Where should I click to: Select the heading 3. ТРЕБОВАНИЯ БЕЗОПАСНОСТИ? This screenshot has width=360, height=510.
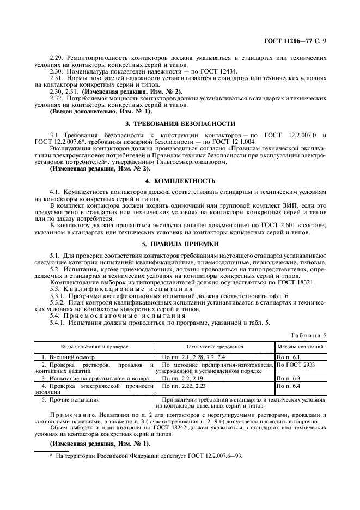(180, 124)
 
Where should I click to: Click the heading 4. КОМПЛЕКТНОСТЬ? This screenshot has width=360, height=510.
(180, 180)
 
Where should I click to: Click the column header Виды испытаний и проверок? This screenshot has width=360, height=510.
(94, 346)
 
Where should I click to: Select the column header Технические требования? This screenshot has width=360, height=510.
(215, 346)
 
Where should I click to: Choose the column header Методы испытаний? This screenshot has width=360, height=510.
(301, 346)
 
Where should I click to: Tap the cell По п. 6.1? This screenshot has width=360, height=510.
(289, 356)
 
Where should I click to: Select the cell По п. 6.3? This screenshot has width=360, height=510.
(289, 378)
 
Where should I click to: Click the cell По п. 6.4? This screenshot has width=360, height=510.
(289, 386)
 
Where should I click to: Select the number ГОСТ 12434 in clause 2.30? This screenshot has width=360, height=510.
(218, 71)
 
